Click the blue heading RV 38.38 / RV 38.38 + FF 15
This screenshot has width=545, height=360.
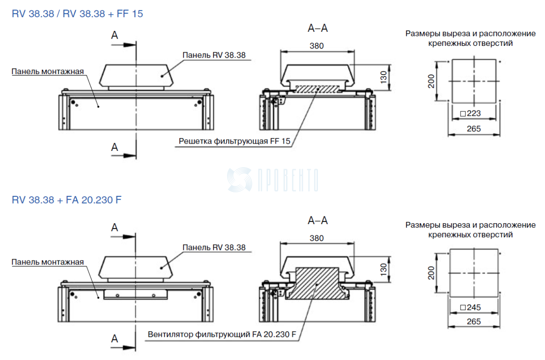[x=77, y=14]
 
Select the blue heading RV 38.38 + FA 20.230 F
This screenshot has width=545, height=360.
[x=67, y=200]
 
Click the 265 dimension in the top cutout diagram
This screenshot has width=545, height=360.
[x=474, y=129]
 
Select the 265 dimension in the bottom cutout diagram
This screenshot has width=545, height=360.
[x=474, y=321]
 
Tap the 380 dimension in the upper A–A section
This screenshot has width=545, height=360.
[x=317, y=45]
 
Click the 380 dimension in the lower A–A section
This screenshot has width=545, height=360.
[x=317, y=238]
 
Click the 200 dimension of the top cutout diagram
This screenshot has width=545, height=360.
[x=431, y=81]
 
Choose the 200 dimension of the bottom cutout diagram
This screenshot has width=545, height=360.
[x=431, y=273]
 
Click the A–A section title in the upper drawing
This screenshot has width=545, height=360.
[x=318, y=28]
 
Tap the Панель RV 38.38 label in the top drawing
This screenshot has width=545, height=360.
[x=214, y=55]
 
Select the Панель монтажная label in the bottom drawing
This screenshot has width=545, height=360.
[x=48, y=262]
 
